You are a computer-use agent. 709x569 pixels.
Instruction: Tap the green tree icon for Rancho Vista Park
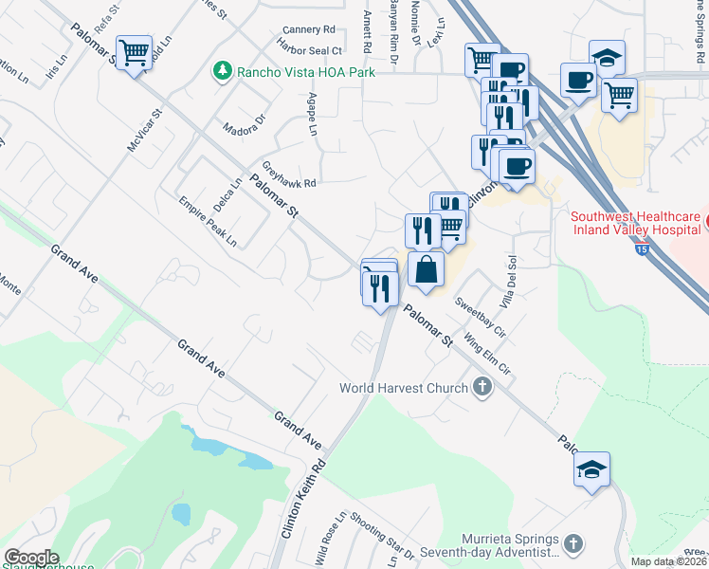222,70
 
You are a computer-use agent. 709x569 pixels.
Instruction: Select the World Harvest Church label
405,388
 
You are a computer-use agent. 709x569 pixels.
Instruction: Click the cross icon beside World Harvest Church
482,386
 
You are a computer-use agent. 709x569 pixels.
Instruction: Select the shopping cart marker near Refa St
134,54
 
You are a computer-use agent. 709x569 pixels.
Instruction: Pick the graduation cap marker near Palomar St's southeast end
592,470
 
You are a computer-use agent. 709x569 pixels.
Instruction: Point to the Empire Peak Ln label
209,220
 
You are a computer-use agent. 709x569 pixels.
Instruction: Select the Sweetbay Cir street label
481,318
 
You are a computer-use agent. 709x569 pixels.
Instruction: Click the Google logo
31,558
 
